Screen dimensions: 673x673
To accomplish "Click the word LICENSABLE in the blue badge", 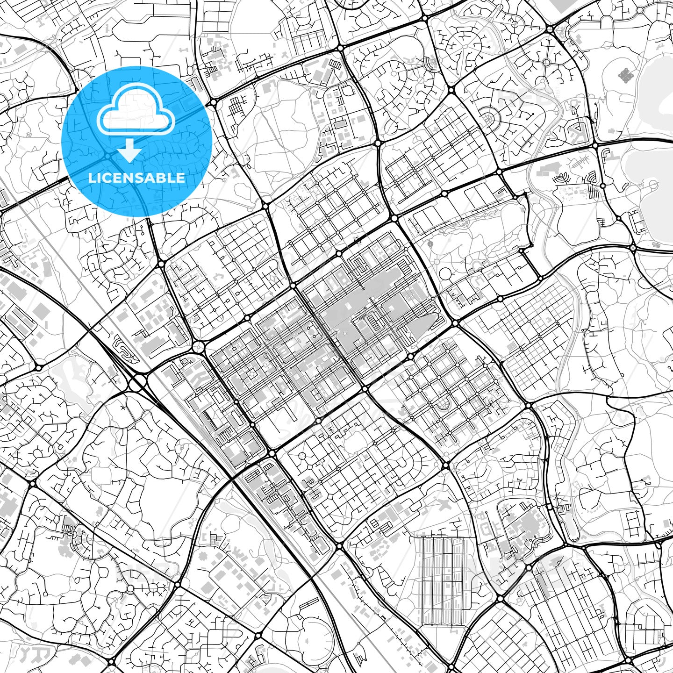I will coord(136,178).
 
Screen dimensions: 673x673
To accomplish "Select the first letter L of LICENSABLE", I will coord(92,178).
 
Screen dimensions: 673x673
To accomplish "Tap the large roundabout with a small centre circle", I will coord(199,347).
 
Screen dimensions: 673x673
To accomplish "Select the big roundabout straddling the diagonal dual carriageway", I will coord(137,383).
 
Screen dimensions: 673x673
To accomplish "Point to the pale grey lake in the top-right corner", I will coord(654,93).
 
